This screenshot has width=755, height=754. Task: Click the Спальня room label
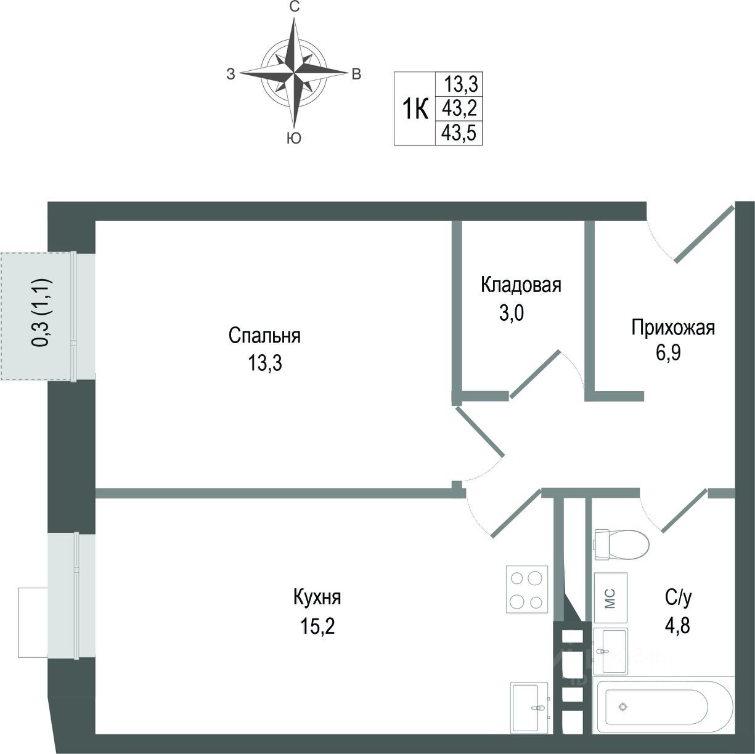[264, 336]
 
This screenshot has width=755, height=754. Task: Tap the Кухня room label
[317, 598]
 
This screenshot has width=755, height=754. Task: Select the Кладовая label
[521, 285]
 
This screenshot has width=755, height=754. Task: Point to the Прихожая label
[672, 327]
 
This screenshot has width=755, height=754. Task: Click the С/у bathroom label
[677, 597]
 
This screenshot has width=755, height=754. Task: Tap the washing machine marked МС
[610, 598]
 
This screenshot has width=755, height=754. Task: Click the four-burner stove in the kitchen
[527, 588]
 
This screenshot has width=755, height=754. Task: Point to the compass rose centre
[294, 72]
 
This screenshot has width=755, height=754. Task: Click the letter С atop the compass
[295, 7]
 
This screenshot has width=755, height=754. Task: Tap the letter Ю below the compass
[294, 139]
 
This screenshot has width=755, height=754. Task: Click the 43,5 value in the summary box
[459, 134]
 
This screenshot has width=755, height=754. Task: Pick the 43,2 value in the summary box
[459, 108]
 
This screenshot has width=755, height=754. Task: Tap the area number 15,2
[317, 626]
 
